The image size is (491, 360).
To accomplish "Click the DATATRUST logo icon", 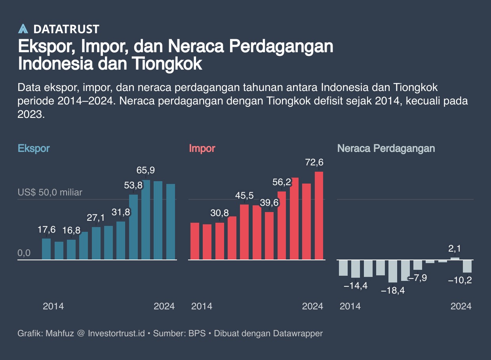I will pos(23,29).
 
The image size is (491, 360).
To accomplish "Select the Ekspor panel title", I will pos(34,148).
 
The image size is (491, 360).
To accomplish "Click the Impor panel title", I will pos(202,148).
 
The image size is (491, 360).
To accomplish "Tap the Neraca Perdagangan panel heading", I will pos(386,148).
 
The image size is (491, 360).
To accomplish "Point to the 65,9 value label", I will pos(145,170).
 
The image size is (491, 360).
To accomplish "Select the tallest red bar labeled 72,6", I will pos(319,216).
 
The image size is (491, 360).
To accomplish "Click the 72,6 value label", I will pos(314,162).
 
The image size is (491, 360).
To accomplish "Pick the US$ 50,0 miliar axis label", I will pos(50,192).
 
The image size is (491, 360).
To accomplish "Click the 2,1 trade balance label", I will pos(455,249).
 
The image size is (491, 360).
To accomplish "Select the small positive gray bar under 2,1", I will pos(455,259).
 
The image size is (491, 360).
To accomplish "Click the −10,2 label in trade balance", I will pos(459,280).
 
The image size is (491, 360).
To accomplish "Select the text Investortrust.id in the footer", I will pos(116,333).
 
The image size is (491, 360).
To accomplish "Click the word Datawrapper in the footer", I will pos(298,333).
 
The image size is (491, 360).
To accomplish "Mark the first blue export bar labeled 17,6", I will pos(46,249).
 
